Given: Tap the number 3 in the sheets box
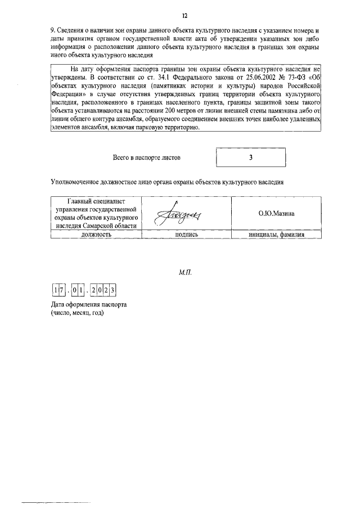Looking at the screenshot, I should coord(251,158).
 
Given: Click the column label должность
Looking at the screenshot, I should coord(94,235).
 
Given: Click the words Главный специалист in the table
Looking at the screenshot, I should coord(94,201).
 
